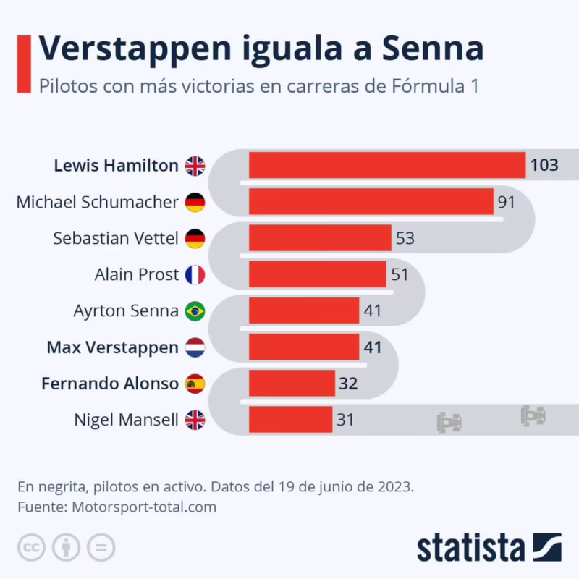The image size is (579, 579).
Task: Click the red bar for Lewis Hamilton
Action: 387,165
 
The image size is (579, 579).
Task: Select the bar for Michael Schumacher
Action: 371,202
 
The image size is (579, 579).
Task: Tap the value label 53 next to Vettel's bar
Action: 405,238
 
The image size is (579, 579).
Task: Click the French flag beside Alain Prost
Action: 195,275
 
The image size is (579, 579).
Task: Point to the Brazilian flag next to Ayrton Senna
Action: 195,311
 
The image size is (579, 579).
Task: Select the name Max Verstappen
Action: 112,347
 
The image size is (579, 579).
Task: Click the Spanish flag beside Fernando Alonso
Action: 195,384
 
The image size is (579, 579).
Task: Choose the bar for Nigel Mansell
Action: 290,420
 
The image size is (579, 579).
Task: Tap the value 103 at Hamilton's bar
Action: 544,165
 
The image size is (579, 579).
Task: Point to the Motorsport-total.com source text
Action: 144,507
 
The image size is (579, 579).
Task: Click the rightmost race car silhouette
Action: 533,415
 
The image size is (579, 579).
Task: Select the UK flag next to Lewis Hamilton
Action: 195,166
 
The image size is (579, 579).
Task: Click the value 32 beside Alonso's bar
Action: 348,384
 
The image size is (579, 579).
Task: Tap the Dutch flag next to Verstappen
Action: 195,347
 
